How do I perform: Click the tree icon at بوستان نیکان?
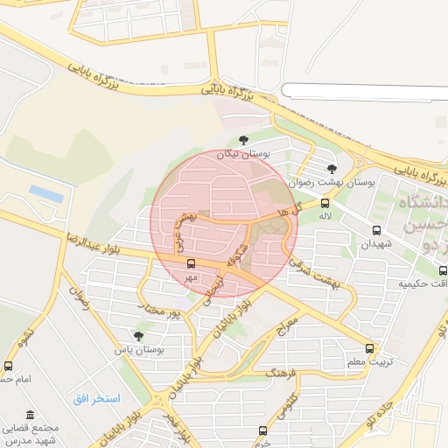coord(243,139)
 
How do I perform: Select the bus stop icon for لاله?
coord(326,202)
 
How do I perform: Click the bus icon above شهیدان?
coord(376,231)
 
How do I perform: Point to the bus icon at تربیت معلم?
coord(371,347)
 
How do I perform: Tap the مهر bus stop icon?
coord(191,263)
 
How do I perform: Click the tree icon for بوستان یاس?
coord(138,335)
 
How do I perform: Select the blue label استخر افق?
coord(96,399)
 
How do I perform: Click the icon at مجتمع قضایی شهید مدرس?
coord(31,415)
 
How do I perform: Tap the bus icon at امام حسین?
coord(8,366)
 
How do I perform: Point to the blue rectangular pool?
coord(46,193)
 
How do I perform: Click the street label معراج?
coord(289,328)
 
